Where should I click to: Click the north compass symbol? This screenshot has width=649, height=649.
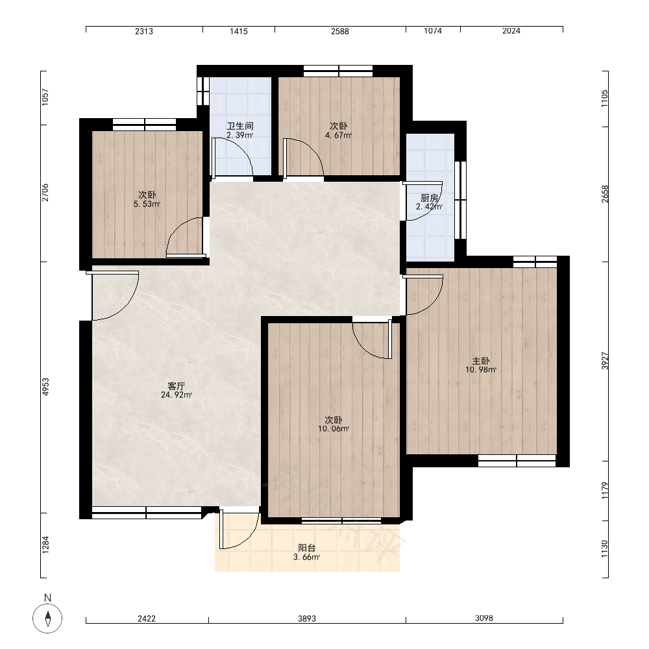[47, 618]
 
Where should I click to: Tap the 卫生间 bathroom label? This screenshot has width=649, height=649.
[240, 126]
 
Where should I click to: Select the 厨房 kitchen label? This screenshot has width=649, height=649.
[429, 198]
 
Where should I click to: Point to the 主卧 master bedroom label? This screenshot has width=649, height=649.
[481, 360]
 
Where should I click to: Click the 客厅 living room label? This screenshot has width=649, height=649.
[177, 386]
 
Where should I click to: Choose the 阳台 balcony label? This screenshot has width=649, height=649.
[307, 548]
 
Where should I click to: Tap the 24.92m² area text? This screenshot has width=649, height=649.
[177, 395]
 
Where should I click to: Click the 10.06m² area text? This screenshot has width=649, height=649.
[334, 429]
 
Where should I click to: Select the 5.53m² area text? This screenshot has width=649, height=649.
[147, 204]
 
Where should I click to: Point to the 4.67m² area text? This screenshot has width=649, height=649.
[339, 135]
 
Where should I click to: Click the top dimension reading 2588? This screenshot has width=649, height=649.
[340, 31]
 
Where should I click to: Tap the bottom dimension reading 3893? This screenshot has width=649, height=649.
[307, 618]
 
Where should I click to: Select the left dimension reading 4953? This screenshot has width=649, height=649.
[45, 387]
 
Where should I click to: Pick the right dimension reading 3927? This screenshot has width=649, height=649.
[605, 361]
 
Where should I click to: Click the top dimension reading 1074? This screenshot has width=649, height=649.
[433, 31]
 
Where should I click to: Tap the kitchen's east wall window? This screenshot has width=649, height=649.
[461, 201]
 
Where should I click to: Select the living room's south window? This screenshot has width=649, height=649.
[147, 513]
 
